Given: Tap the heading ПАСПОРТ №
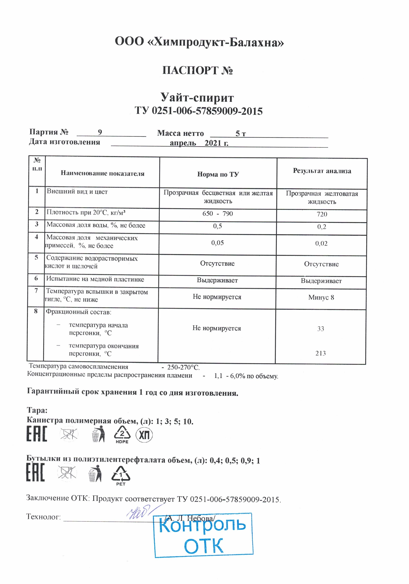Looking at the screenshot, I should [197, 71].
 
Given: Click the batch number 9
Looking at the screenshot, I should [100, 132].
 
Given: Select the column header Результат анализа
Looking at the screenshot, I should [322, 171].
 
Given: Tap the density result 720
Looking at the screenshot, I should [322, 214].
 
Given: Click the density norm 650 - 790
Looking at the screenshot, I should [218, 213].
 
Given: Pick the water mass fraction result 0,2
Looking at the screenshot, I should [322, 227].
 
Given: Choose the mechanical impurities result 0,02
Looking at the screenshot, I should [321, 243].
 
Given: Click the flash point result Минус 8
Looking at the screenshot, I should [321, 297].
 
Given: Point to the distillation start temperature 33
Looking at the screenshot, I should [321, 329].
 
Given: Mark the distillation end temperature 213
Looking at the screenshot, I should [321, 353].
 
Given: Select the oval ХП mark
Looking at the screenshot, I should [144, 435].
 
